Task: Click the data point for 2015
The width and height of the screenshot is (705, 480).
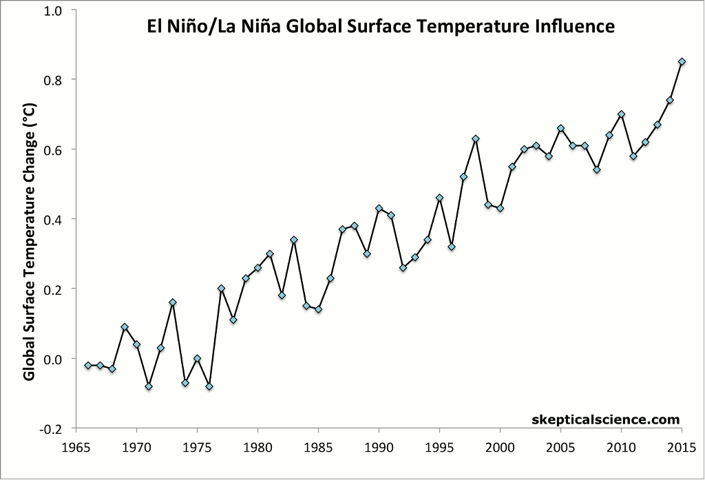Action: [682, 61]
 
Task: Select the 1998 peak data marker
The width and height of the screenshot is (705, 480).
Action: [476, 138]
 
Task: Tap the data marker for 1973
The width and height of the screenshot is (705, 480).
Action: [173, 302]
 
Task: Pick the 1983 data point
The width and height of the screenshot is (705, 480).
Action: [294, 240]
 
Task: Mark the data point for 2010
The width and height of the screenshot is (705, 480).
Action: [621, 114]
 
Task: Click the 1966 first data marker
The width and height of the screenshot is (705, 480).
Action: [88, 365]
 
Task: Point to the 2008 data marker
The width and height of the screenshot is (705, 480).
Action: [597, 169]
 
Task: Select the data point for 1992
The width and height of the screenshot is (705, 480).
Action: [403, 267]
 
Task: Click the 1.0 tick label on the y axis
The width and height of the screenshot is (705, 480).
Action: [54, 10]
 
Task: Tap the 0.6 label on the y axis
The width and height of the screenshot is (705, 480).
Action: [54, 149]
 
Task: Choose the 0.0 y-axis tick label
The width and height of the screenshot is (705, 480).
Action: [54, 359]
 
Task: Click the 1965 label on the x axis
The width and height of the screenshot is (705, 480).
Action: [76, 446]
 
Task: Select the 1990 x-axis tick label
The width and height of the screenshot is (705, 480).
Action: [379, 446]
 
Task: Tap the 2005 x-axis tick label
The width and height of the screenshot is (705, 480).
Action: [560, 446]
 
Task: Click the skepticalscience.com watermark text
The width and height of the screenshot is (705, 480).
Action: [606, 419]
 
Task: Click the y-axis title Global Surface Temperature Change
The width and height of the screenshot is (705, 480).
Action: [30, 248]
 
